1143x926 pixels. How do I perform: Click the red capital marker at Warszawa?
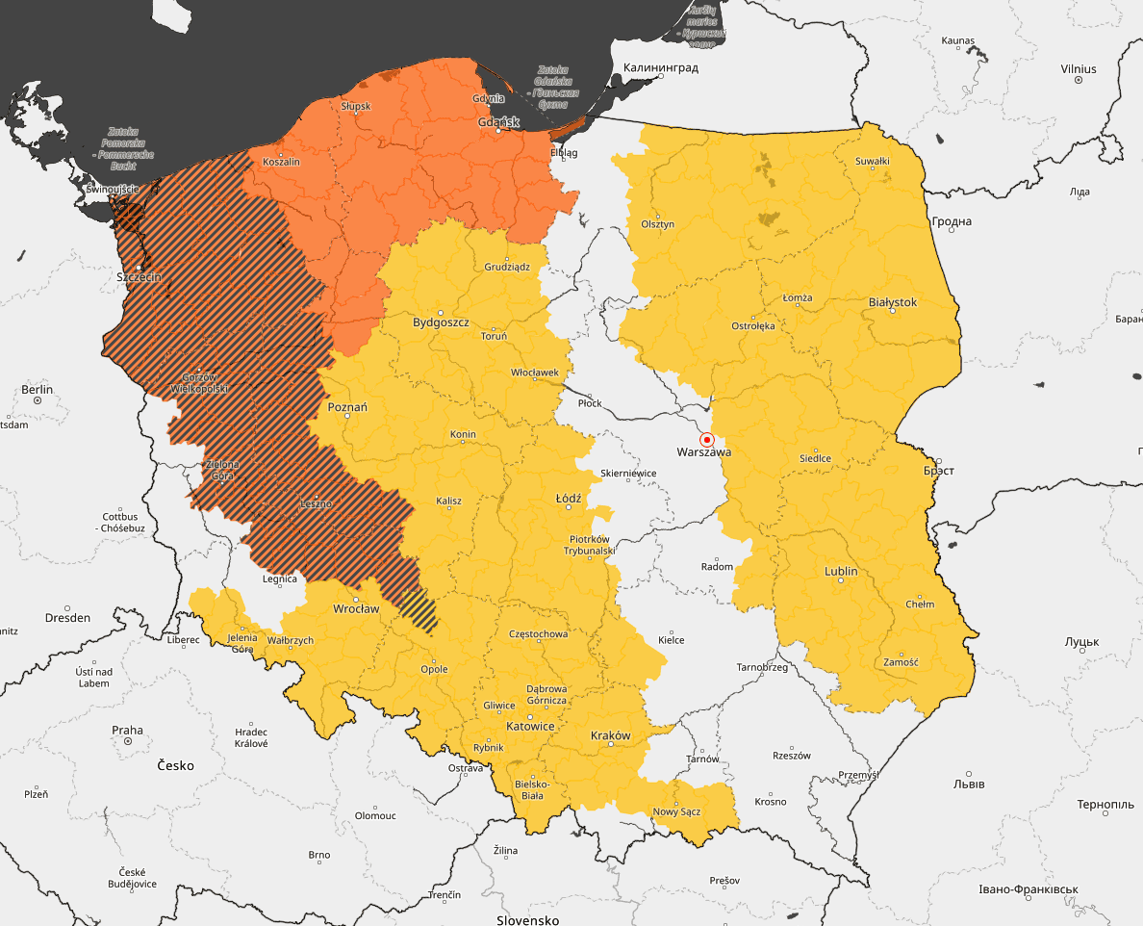[x=706, y=439]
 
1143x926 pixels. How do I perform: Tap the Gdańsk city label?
[x=499, y=122]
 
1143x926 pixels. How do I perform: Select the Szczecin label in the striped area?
[x=139, y=277]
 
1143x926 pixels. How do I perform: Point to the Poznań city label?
[x=348, y=407]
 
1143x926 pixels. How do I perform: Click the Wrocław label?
[x=356, y=609]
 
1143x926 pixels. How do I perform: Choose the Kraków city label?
[x=610, y=735]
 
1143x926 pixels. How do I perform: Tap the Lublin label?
[x=840, y=571]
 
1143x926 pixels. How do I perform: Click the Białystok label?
[x=893, y=302]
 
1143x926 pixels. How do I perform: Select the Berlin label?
[x=38, y=389]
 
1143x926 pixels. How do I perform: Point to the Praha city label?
[x=127, y=730]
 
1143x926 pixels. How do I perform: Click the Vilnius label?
[x=1078, y=69]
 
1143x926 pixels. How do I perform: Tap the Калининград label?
[x=661, y=68]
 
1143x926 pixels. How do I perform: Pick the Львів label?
[x=968, y=784]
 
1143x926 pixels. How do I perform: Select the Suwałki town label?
[x=873, y=161]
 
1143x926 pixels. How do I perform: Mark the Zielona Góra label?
[x=222, y=471]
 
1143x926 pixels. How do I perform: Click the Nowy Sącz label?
[x=677, y=811]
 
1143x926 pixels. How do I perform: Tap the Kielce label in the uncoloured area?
[x=671, y=639]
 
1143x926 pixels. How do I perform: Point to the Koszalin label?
[x=281, y=162]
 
